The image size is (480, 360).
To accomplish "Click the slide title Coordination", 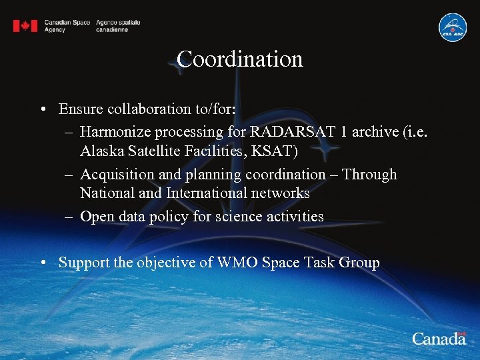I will point(240,59).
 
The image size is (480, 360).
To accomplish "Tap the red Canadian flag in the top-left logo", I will point(25,26).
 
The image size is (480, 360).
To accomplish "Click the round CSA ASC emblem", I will point(452,27).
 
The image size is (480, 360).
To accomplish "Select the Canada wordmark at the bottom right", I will point(439,339).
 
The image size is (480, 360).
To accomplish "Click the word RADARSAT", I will point(291,131).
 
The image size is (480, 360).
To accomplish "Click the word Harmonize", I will point(115,131).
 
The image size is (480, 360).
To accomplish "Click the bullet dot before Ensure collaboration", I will point(42,109).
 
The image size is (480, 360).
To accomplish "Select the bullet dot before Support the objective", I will point(42,263).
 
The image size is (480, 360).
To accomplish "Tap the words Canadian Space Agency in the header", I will point(67,26).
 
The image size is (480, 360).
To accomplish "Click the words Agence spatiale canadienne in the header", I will point(117,26).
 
